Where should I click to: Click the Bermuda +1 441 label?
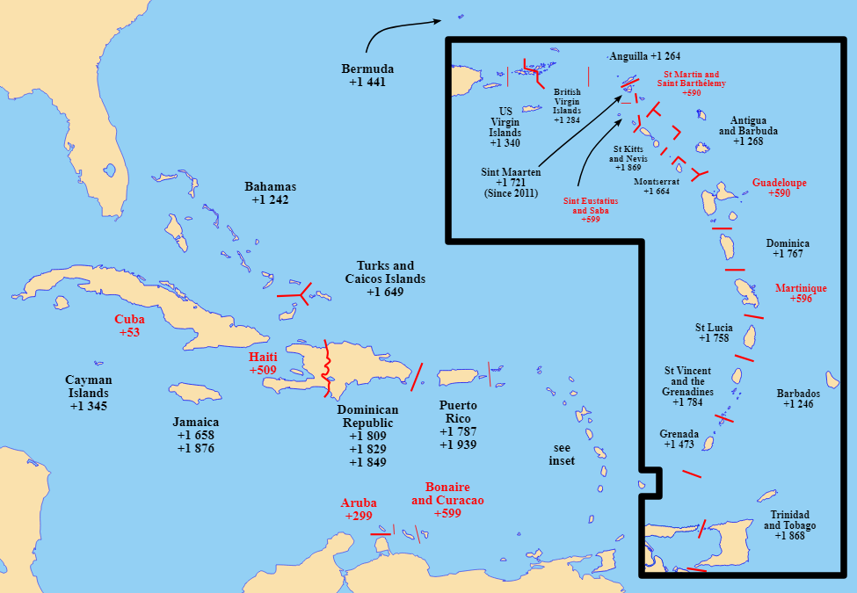[x=367, y=76]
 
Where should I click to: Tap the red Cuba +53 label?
[x=129, y=326]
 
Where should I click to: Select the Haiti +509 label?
[x=262, y=364]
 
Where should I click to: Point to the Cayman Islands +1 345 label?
[x=89, y=393]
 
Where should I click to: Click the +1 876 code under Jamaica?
[x=195, y=448]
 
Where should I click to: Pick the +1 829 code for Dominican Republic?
[x=367, y=449]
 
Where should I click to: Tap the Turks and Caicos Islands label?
[x=385, y=278]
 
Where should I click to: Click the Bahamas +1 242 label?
[x=270, y=193]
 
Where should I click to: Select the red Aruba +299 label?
[x=358, y=510]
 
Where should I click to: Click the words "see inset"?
[x=562, y=453]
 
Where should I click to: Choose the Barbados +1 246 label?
[x=798, y=399]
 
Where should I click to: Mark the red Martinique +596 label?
[x=801, y=293]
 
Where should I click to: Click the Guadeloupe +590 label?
[x=779, y=188]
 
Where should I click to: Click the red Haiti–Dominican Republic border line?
[x=327, y=369]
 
